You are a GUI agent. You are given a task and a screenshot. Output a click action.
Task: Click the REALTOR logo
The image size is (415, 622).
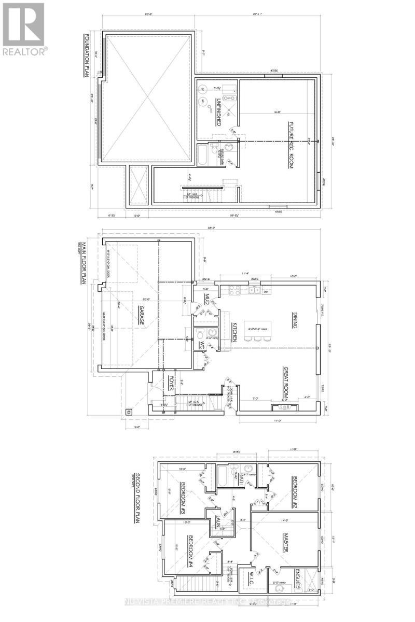point(24,29)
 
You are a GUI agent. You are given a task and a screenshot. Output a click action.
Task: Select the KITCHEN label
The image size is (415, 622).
point(234,330)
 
